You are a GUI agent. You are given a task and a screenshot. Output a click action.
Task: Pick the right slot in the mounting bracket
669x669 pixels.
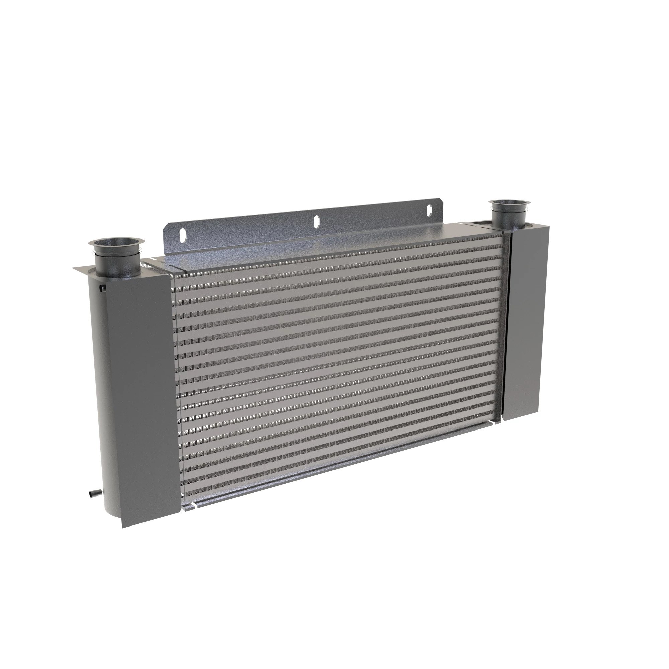pyautogui.click(x=429, y=209)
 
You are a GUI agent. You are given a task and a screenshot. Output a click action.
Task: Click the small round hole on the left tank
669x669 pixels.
pyautogui.click(x=101, y=287)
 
